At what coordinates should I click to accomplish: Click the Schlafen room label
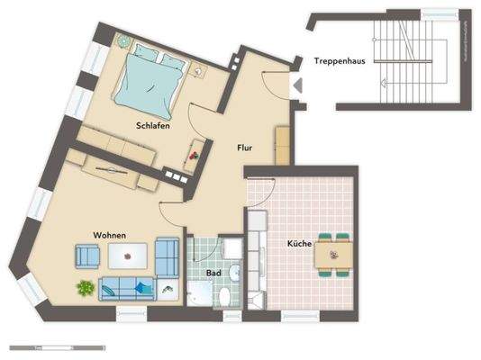tap(154, 125)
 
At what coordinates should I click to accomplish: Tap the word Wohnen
tap(109, 235)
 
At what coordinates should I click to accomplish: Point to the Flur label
tap(244, 147)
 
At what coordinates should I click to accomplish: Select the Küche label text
tap(299, 244)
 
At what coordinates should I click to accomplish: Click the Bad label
tap(213, 271)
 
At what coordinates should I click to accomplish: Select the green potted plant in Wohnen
tap(86, 288)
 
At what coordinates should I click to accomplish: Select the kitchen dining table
tap(332, 256)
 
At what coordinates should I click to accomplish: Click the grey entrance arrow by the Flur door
tap(296, 85)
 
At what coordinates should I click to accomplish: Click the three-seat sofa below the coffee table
tap(129, 288)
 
